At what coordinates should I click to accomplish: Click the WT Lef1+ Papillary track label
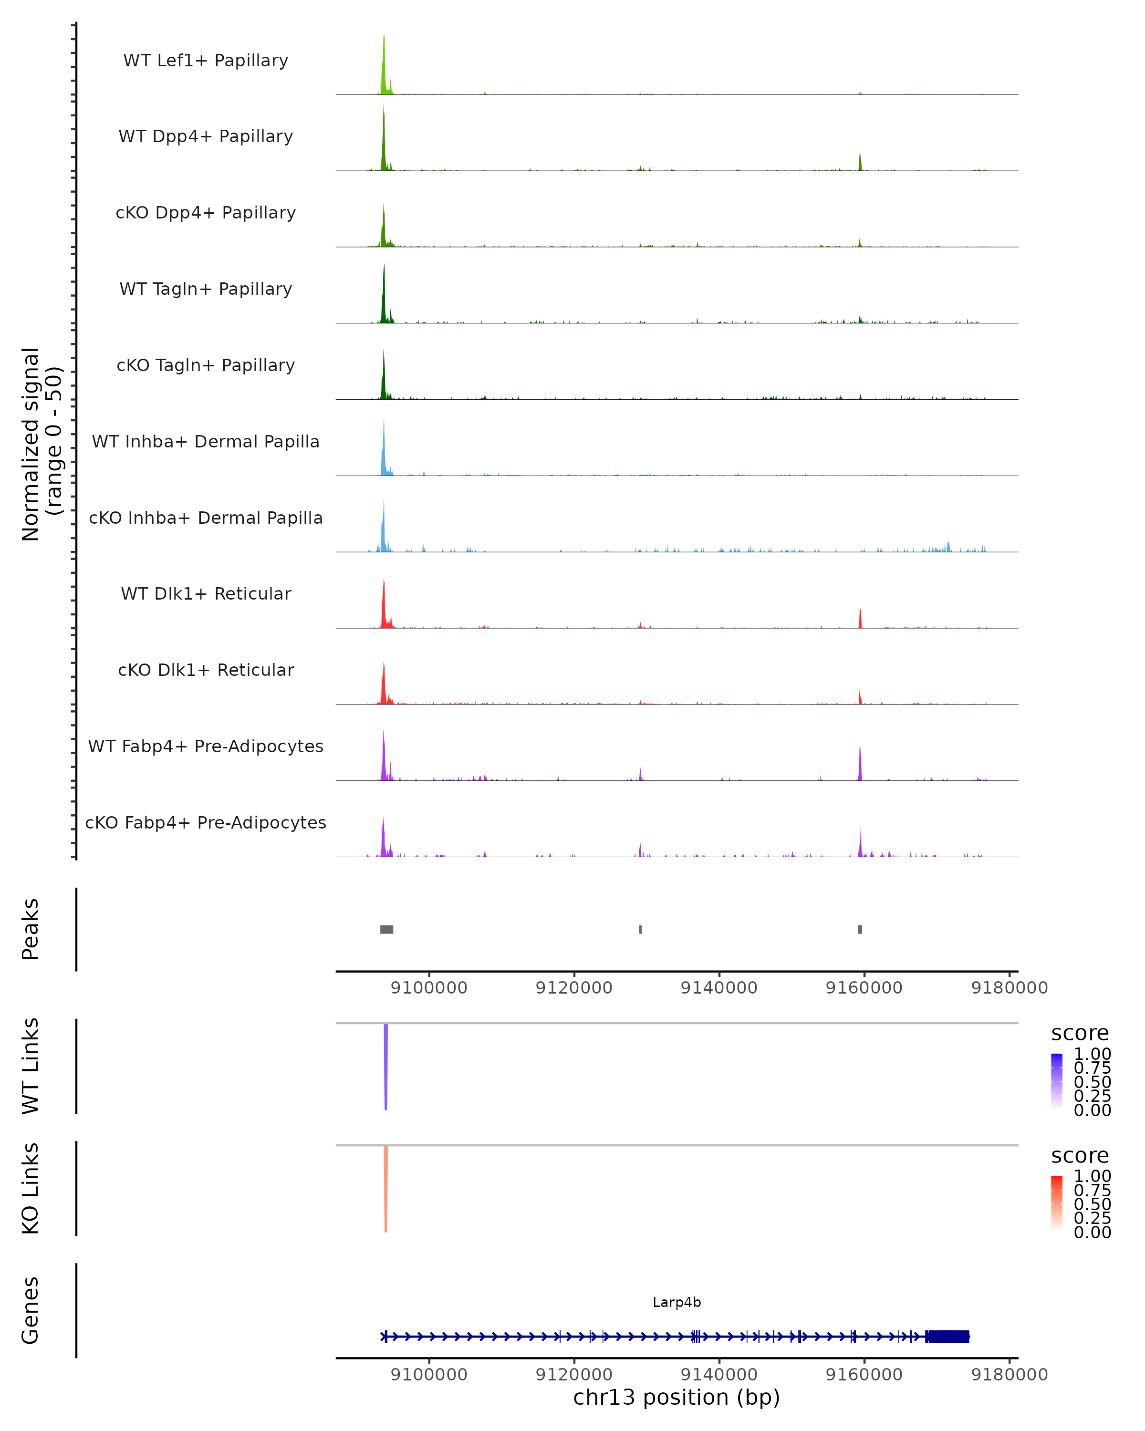click(x=206, y=61)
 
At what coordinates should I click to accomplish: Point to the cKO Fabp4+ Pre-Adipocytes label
click(x=206, y=822)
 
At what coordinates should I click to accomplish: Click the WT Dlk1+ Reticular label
click(x=206, y=593)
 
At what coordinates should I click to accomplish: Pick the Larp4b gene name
click(x=677, y=1302)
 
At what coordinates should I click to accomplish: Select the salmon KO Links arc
click(x=385, y=1188)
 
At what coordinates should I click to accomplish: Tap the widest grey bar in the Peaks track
click(x=386, y=929)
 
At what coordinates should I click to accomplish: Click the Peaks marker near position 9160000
click(x=860, y=929)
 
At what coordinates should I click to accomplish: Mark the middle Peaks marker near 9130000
click(x=641, y=929)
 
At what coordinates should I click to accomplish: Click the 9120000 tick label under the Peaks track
click(x=573, y=988)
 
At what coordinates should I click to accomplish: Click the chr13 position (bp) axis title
click(x=677, y=1397)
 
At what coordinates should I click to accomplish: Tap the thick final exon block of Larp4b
click(x=947, y=1337)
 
